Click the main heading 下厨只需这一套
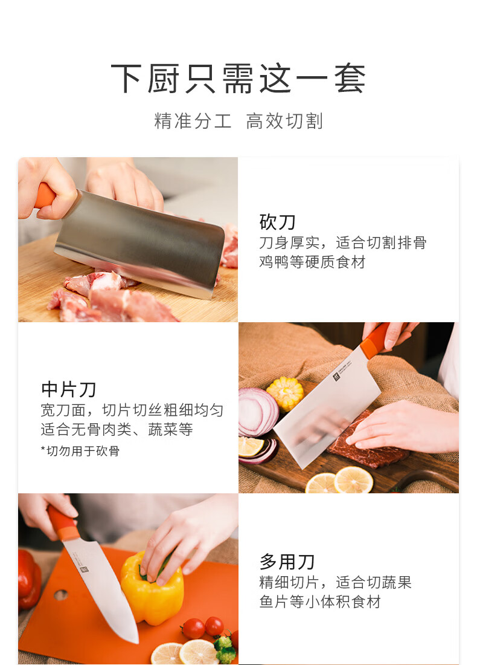[238, 79]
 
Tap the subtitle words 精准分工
[193, 121]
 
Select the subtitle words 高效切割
[284, 121]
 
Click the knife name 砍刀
[278, 222]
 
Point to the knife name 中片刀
[69, 389]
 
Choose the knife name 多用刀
[287, 562]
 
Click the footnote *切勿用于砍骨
[80, 451]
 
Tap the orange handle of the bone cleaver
[44, 195]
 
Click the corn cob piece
[285, 393]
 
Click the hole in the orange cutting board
[61, 595]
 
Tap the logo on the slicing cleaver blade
[337, 376]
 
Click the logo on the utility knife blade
[83, 568]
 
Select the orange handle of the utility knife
[62, 524]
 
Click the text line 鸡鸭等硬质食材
[312, 262]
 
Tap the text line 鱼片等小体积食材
[320, 602]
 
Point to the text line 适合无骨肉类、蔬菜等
[117, 429]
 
